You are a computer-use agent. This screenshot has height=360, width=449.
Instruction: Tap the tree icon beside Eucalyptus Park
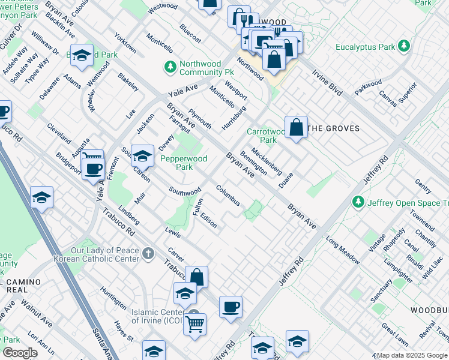405,46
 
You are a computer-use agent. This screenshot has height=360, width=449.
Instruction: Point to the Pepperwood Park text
183,163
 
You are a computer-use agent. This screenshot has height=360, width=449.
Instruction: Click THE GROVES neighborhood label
333,128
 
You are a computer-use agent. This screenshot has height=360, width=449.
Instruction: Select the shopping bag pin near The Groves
297,127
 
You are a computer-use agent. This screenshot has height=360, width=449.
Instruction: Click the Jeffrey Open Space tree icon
358,202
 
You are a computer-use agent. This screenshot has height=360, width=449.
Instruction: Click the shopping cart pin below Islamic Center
194,325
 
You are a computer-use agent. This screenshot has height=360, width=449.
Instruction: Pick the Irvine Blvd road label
327,82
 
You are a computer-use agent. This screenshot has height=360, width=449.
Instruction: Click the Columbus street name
228,196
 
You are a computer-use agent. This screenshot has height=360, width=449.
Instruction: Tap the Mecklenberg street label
267,161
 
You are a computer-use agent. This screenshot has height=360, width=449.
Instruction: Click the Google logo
20,353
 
